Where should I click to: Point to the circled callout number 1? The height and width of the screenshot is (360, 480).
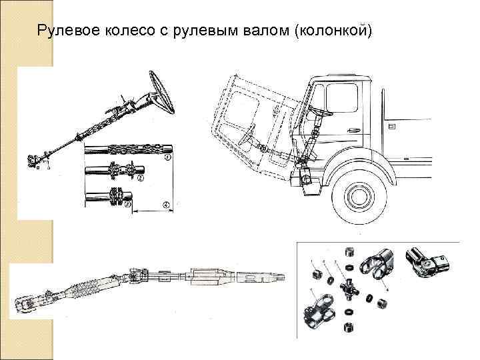167,158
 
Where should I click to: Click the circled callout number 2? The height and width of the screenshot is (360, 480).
141,178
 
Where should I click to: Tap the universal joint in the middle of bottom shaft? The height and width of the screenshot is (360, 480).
137,274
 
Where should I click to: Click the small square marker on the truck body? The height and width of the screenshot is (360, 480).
391,125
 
